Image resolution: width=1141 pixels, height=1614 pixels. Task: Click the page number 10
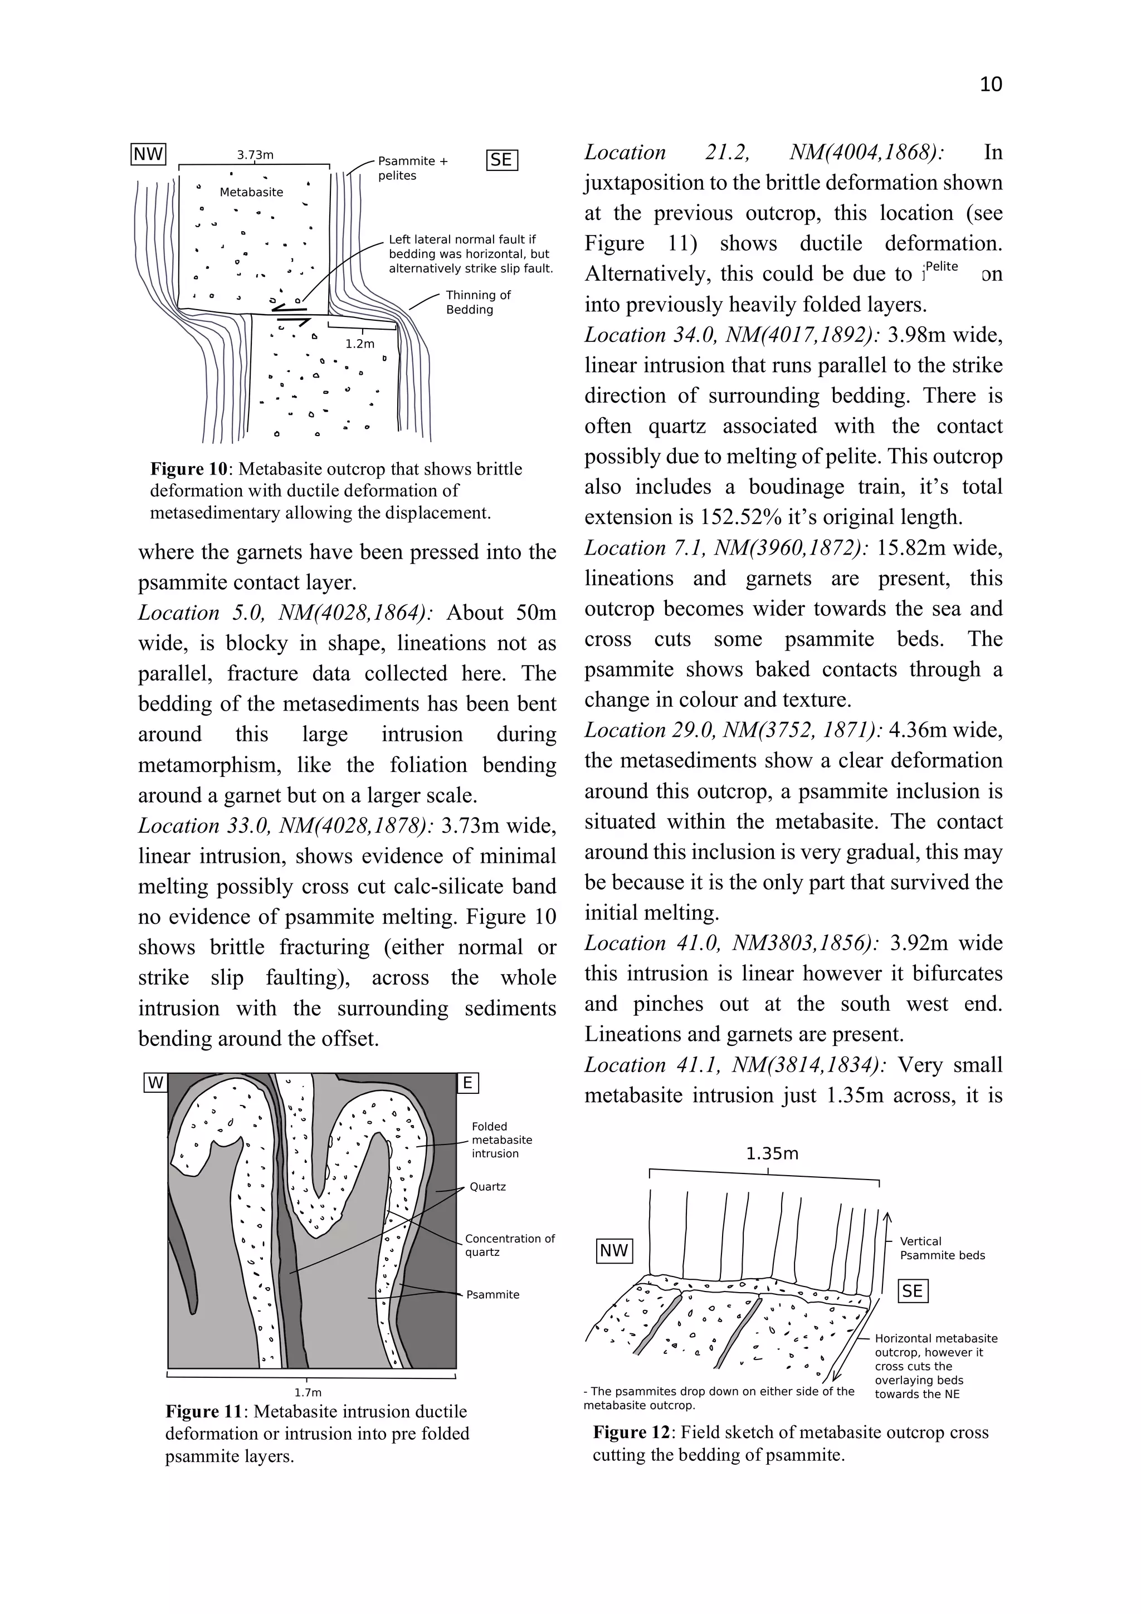pyautogui.click(x=990, y=84)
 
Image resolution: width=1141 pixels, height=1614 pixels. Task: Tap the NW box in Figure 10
pyautogui.click(x=148, y=154)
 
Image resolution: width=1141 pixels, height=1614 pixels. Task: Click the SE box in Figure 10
pyautogui.click(x=501, y=160)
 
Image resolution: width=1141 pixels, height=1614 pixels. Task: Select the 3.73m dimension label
pyautogui.click(x=255, y=155)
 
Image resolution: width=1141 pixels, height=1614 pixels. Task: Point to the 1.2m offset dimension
pyautogui.click(x=360, y=344)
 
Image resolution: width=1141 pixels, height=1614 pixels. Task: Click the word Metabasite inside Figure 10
pyautogui.click(x=251, y=192)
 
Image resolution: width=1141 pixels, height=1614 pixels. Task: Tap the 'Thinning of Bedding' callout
pyautogui.click(x=478, y=302)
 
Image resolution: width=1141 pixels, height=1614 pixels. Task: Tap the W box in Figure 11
pyautogui.click(x=155, y=1083)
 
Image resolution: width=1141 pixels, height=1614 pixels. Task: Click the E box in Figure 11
pyautogui.click(x=467, y=1083)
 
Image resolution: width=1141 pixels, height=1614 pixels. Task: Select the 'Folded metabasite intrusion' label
pyautogui.click(x=501, y=1139)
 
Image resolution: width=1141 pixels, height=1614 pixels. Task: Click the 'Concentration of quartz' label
pyautogui.click(x=510, y=1245)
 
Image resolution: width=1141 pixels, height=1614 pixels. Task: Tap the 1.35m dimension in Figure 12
pyautogui.click(x=772, y=1153)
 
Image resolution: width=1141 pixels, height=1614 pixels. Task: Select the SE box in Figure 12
pyautogui.click(x=913, y=1290)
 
